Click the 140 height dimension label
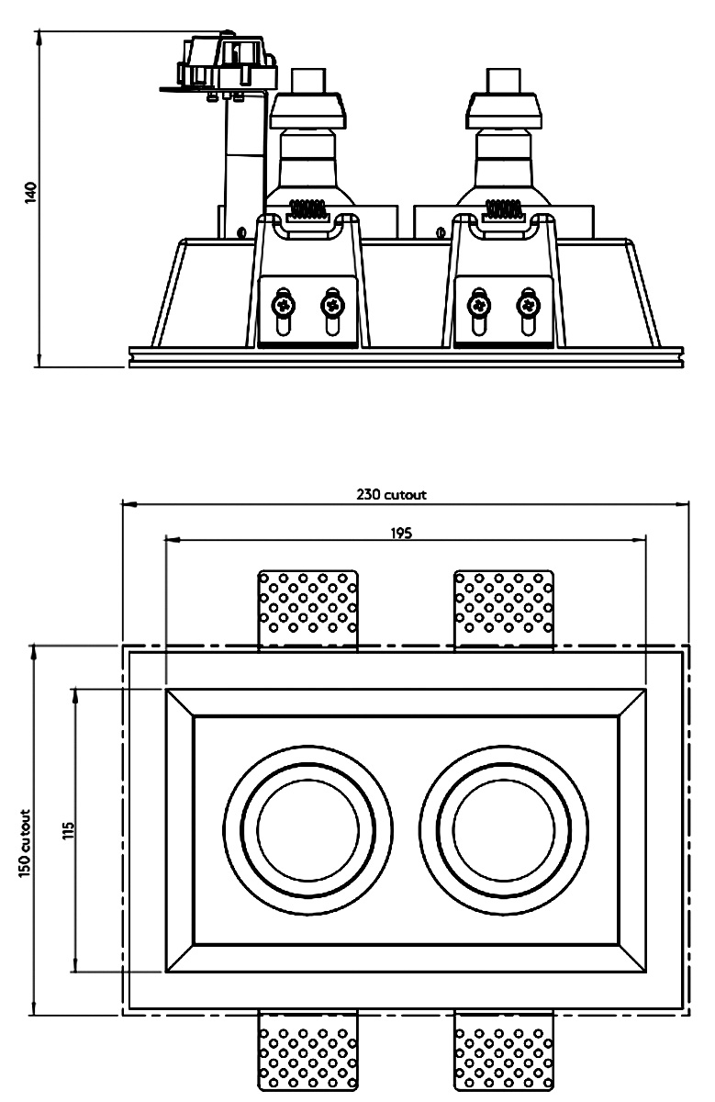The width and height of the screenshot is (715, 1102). click(x=30, y=192)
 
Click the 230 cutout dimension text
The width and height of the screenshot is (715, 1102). click(x=392, y=494)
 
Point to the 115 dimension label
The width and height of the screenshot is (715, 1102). click(x=66, y=830)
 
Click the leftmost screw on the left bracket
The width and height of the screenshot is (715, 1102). click(x=282, y=301)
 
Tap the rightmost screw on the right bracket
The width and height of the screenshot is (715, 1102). click(x=527, y=301)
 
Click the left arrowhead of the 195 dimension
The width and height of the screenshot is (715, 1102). click(x=169, y=540)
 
